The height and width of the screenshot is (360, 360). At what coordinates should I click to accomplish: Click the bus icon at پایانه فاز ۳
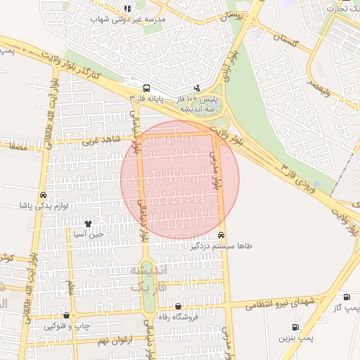146,89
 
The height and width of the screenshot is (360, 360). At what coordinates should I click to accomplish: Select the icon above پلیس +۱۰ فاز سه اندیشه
196,89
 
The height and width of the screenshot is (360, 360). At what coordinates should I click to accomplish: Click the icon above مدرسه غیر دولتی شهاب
127,9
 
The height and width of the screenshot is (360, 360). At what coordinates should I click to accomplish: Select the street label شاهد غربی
98,141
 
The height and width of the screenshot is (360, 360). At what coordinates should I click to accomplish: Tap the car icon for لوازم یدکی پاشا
43,196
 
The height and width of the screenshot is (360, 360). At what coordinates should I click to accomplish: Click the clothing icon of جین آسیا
87,224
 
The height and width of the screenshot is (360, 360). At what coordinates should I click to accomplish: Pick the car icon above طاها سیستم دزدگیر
221,236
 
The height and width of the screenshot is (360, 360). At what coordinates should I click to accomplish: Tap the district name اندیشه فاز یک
148,278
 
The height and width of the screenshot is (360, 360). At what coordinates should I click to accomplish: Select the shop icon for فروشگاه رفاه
178,307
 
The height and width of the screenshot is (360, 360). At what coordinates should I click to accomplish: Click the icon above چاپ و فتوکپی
67,316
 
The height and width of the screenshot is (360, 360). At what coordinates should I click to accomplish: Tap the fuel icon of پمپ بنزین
295,327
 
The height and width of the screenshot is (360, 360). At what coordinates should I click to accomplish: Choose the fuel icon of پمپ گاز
347,297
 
